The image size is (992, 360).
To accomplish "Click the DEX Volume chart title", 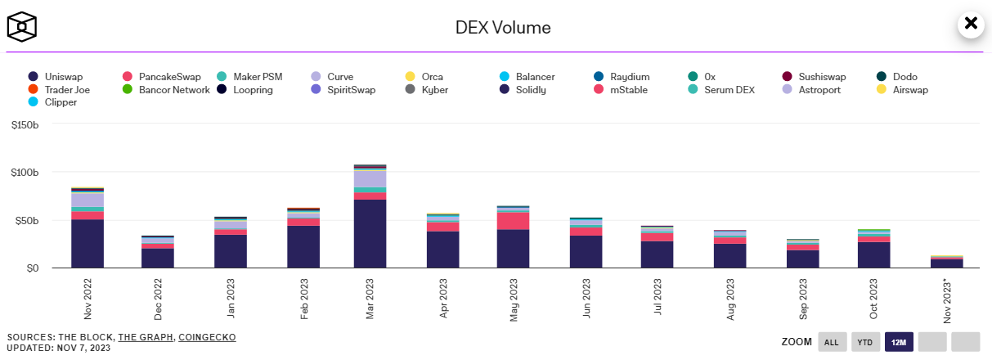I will point(503,28).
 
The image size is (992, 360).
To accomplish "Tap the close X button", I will point(971,24).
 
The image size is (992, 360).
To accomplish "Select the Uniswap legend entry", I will point(61,77).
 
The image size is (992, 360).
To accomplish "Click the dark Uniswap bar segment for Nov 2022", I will point(88,243).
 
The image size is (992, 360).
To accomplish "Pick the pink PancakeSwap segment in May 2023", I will point(513,221).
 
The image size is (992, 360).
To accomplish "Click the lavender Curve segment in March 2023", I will point(370,178).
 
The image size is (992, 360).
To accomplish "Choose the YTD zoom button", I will point(865,342).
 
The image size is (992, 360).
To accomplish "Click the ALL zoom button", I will point(832,342).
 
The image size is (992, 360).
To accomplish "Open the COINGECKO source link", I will point(208,337).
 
